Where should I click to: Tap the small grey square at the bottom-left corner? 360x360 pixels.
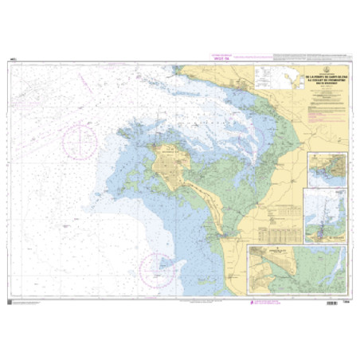coord(10,295)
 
